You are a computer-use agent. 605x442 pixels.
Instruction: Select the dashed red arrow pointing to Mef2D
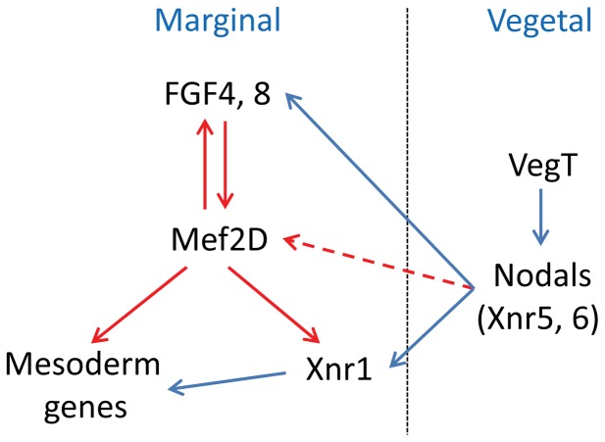coord(373,263)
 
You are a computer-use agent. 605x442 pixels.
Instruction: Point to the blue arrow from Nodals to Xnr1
coord(431,327)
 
